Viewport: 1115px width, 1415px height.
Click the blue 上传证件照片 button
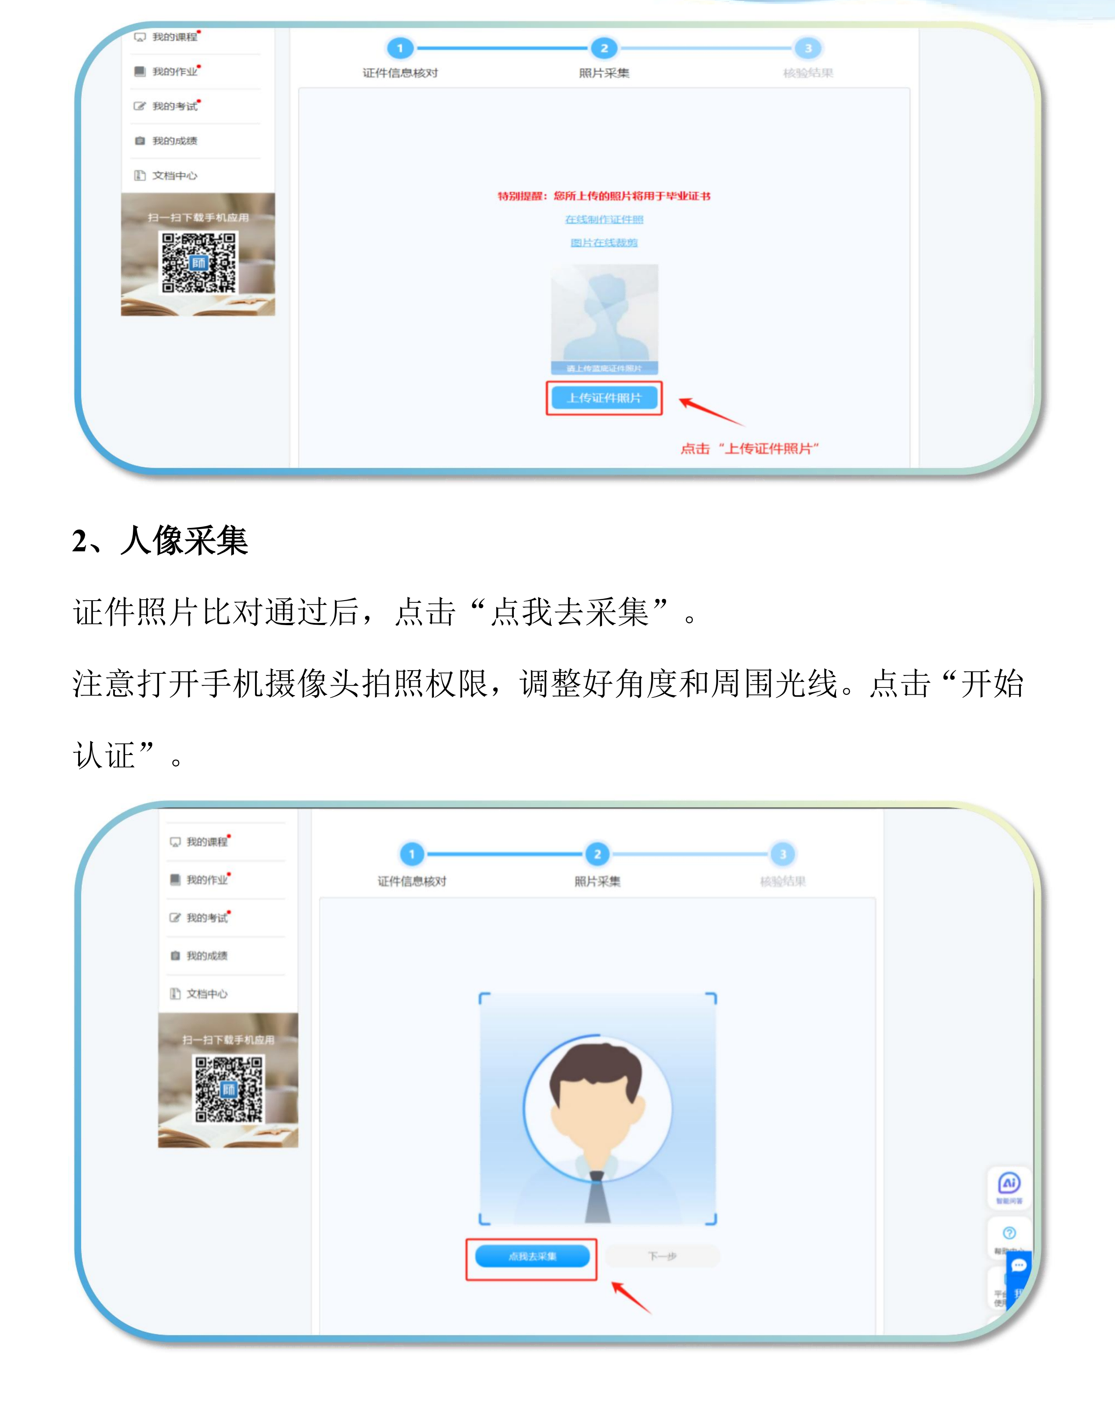(604, 398)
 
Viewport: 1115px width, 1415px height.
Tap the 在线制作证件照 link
(604, 219)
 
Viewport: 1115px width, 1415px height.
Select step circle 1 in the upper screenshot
(400, 48)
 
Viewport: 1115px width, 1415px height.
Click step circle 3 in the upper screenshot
(808, 48)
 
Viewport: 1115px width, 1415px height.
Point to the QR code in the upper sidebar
(199, 262)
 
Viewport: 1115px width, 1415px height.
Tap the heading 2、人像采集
(160, 541)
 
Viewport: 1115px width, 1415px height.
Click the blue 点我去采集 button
(532, 1256)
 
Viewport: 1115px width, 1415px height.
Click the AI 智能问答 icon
(1009, 1185)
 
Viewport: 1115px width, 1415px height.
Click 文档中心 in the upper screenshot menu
(174, 176)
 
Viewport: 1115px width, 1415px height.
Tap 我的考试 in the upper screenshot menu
(174, 106)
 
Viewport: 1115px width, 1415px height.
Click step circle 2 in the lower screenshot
(597, 854)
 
